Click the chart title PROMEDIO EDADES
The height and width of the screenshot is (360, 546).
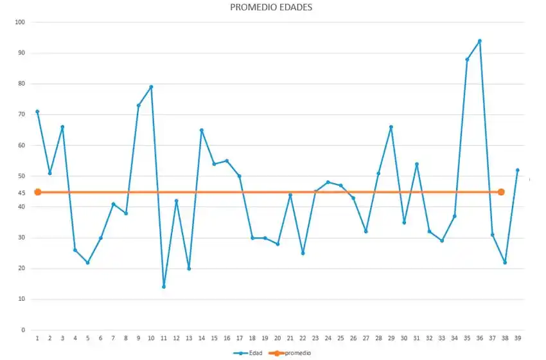pyautogui.click(x=271, y=8)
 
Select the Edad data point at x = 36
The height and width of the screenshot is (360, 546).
pyautogui.click(x=479, y=40)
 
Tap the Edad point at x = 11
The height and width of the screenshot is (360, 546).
pyautogui.click(x=164, y=287)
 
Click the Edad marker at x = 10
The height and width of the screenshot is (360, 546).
pyautogui.click(x=151, y=87)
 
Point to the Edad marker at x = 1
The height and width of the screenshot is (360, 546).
pyautogui.click(x=37, y=111)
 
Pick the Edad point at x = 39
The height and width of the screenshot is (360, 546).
pyautogui.click(x=517, y=170)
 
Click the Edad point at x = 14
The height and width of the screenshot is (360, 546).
pyautogui.click(x=202, y=130)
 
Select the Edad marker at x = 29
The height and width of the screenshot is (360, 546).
pyautogui.click(x=391, y=127)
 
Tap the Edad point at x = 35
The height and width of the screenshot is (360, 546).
pyautogui.click(x=467, y=59)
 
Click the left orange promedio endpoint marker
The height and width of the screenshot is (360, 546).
pyautogui.click(x=37, y=192)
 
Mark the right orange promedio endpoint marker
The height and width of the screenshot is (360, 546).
pyautogui.click(x=501, y=192)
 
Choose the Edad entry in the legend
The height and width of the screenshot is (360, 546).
pyautogui.click(x=251, y=353)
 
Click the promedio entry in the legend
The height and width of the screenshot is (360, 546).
pyautogui.click(x=293, y=353)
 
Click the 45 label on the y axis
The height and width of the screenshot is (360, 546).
pyautogui.click(x=21, y=193)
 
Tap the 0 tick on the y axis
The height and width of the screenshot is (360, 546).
pyautogui.click(x=23, y=330)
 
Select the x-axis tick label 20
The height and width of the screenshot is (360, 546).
pyautogui.click(x=277, y=338)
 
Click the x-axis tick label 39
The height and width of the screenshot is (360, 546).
pyautogui.click(x=517, y=338)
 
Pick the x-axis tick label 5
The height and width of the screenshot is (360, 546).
pyautogui.click(x=87, y=338)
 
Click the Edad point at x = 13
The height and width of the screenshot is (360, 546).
pyautogui.click(x=189, y=269)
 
